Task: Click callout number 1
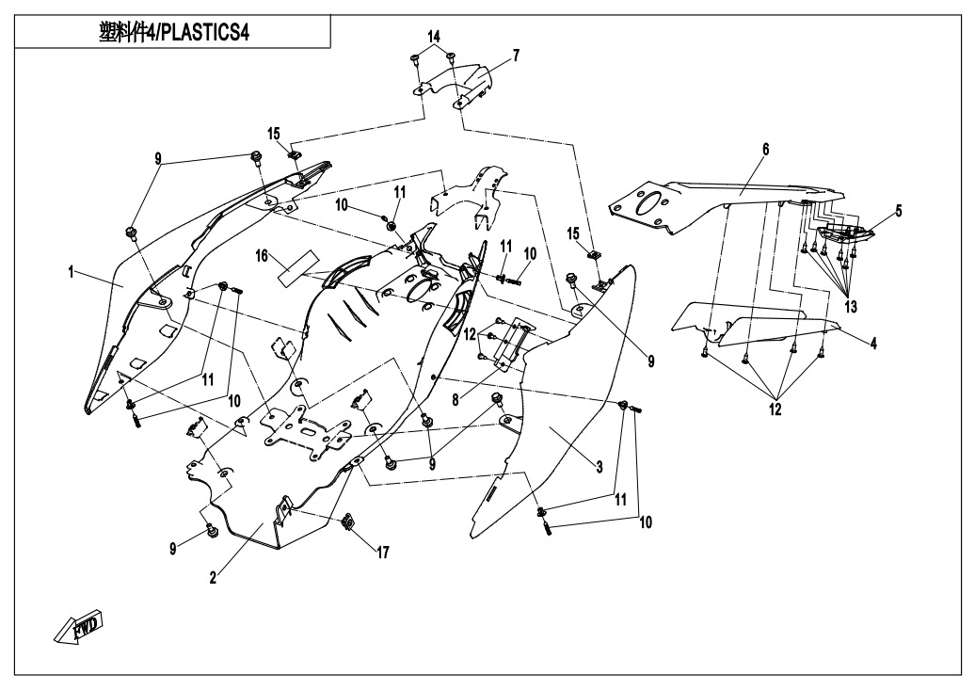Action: (x=72, y=273)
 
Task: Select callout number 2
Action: (x=214, y=578)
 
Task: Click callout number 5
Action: (x=898, y=212)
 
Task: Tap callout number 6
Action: (x=765, y=150)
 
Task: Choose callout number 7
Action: (x=516, y=56)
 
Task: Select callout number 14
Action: (x=434, y=36)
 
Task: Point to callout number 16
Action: (x=264, y=255)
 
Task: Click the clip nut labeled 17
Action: (x=349, y=522)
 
